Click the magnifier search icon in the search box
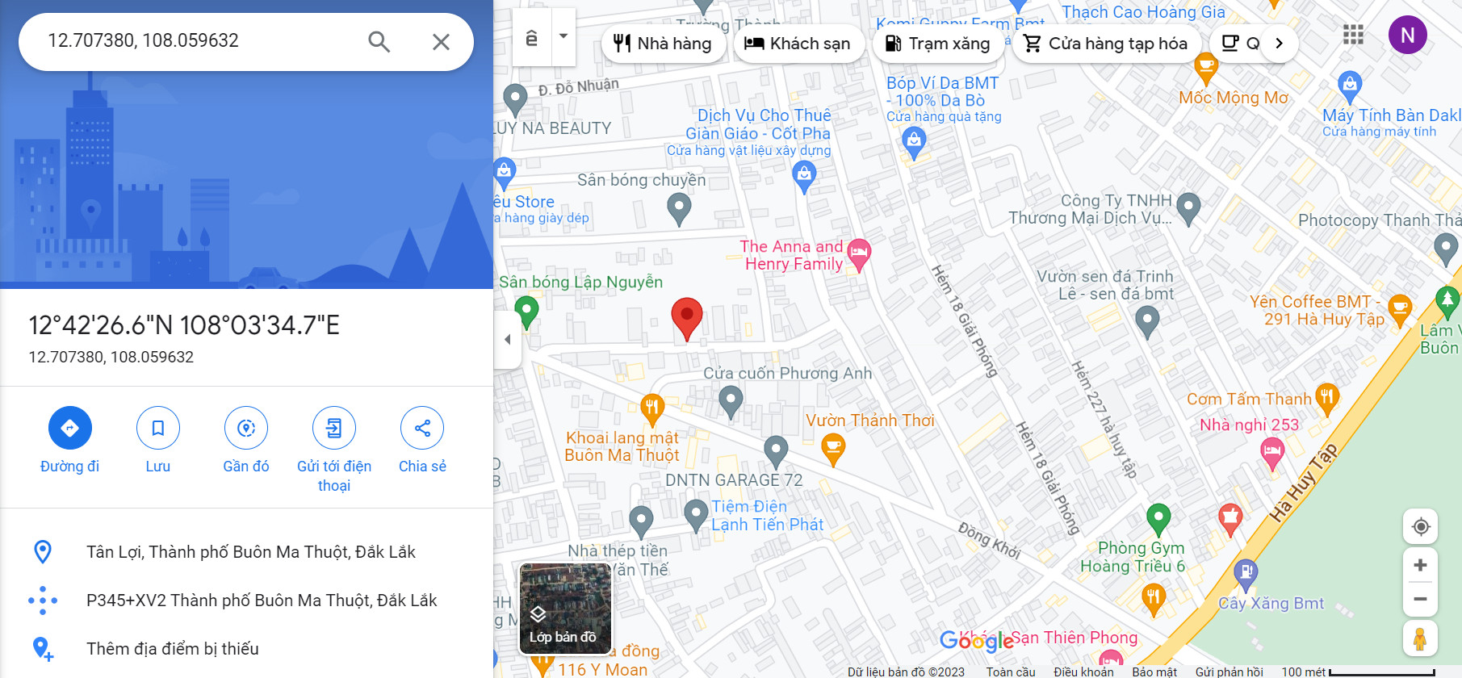(379, 41)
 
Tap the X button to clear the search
(441, 41)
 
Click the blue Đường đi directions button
(69, 428)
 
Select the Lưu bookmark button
(157, 428)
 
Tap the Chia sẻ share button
(422, 428)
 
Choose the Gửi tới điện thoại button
(334, 428)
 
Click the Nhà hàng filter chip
(662, 44)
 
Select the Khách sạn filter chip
(798, 44)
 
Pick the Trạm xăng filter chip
(938, 44)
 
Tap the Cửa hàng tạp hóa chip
(1106, 44)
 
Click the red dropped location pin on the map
(687, 317)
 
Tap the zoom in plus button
(1420, 565)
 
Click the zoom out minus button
(1420, 599)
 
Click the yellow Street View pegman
(1420, 638)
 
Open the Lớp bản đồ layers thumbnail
(564, 608)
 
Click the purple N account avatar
(1407, 36)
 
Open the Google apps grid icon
(1353, 35)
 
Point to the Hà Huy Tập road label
(1303, 482)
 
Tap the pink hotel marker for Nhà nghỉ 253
(1272, 453)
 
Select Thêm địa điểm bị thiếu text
(172, 649)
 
